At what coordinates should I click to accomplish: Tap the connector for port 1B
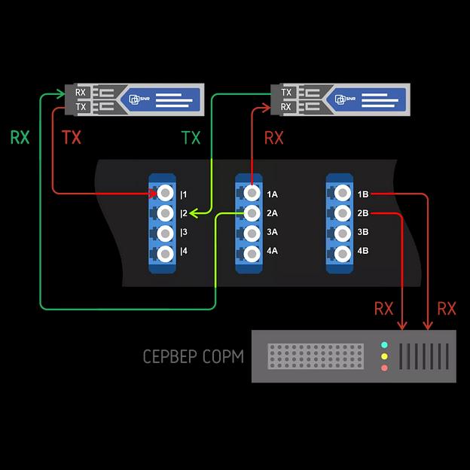[340, 194]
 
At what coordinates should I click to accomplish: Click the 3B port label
[363, 233]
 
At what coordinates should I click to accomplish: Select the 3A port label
[271, 233]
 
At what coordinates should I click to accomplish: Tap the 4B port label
[363, 252]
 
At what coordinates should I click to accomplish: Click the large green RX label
[20, 138]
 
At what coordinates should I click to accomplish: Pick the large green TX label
[191, 138]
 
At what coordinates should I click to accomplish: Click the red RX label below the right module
[274, 138]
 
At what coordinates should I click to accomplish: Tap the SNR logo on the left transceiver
[138, 98]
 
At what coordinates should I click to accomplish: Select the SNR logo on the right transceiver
[344, 98]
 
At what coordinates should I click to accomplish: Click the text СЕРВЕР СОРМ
[194, 356]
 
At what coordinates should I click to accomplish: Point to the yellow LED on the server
[385, 356]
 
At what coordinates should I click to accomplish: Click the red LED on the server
[385, 368]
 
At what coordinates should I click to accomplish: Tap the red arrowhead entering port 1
[153, 194]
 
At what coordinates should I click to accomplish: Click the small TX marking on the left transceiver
[81, 107]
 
